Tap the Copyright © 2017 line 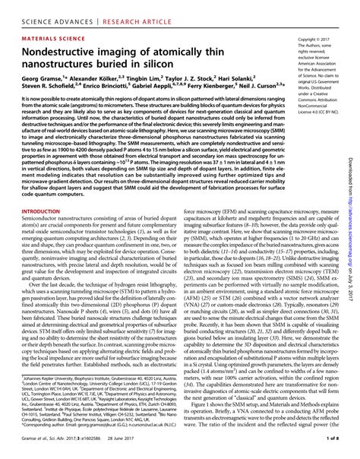click(x=317, y=37)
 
